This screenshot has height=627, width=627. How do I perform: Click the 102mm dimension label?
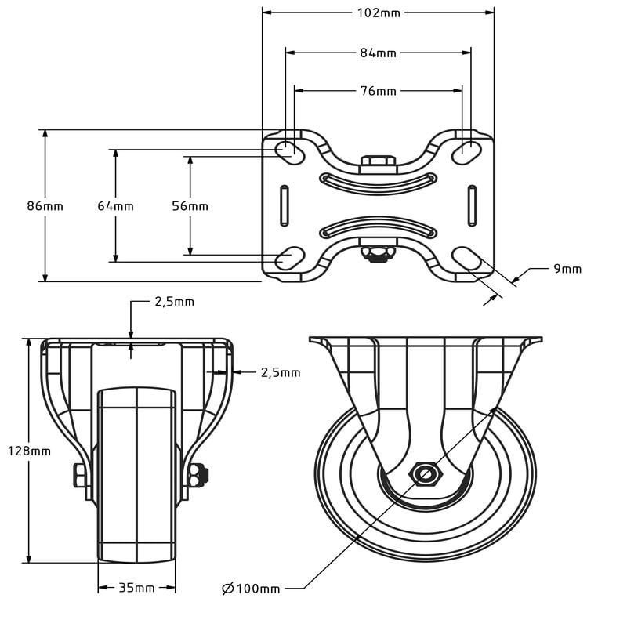point(378,13)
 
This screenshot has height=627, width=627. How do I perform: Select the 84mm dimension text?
point(378,53)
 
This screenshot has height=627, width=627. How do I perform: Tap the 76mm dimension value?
point(378,91)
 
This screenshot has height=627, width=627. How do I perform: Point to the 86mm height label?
point(45,206)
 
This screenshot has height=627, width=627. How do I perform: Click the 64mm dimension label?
point(115,206)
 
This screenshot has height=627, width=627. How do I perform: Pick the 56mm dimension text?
point(190,206)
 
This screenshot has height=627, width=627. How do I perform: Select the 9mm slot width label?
point(567,269)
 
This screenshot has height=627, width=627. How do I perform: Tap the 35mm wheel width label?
point(136,587)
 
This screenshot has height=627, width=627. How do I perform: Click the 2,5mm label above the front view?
point(173,302)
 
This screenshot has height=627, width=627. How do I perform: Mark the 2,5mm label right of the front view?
point(280,373)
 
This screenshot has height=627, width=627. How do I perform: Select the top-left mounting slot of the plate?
point(289,150)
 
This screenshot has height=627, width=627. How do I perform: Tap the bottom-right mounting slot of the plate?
point(467,257)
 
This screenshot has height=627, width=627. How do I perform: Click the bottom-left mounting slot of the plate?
point(289,257)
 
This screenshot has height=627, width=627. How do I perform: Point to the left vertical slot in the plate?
point(284,205)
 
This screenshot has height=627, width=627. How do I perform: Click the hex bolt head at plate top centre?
point(378,162)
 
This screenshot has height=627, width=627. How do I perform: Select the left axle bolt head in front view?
point(79,475)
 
